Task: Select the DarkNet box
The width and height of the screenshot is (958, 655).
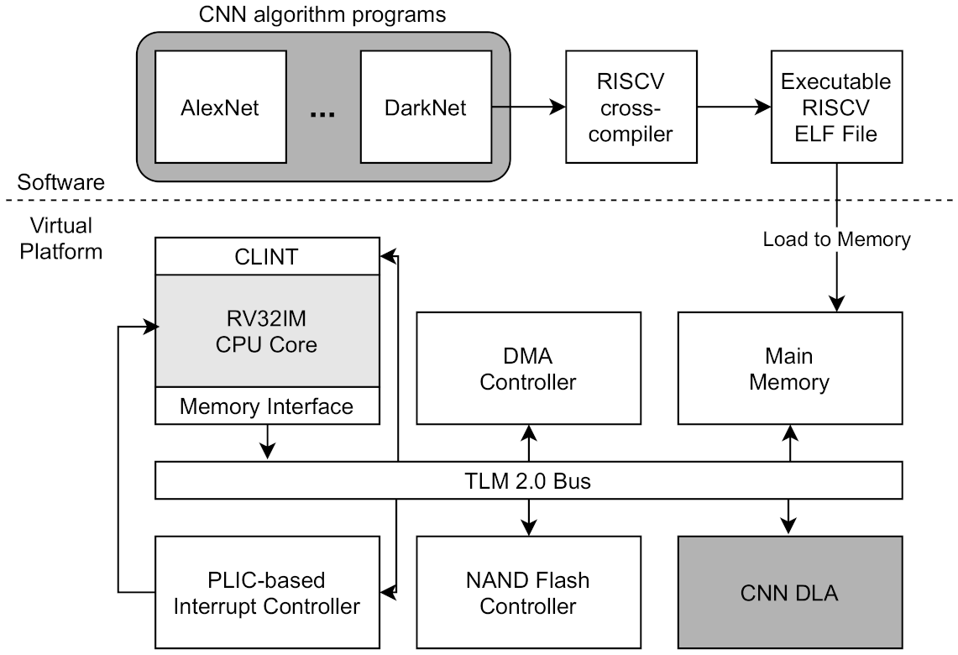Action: (425, 107)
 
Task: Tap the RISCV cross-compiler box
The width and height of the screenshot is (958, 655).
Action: (631, 107)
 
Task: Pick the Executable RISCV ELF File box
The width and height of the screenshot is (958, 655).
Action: (836, 107)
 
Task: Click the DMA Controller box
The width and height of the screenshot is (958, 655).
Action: (528, 369)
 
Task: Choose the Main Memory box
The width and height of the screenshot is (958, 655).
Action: (789, 369)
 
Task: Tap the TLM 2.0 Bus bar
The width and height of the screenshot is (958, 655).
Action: (528, 482)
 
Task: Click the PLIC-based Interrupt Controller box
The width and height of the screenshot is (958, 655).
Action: (267, 593)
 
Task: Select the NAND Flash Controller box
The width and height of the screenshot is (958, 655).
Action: (528, 593)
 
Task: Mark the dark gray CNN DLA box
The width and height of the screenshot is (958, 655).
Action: (789, 593)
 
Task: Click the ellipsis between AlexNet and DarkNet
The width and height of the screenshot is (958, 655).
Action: (322, 113)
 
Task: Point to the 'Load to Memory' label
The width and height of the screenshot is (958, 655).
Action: (836, 239)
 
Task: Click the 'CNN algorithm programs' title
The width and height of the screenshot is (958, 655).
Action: (322, 14)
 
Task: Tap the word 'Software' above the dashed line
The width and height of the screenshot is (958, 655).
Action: (61, 182)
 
